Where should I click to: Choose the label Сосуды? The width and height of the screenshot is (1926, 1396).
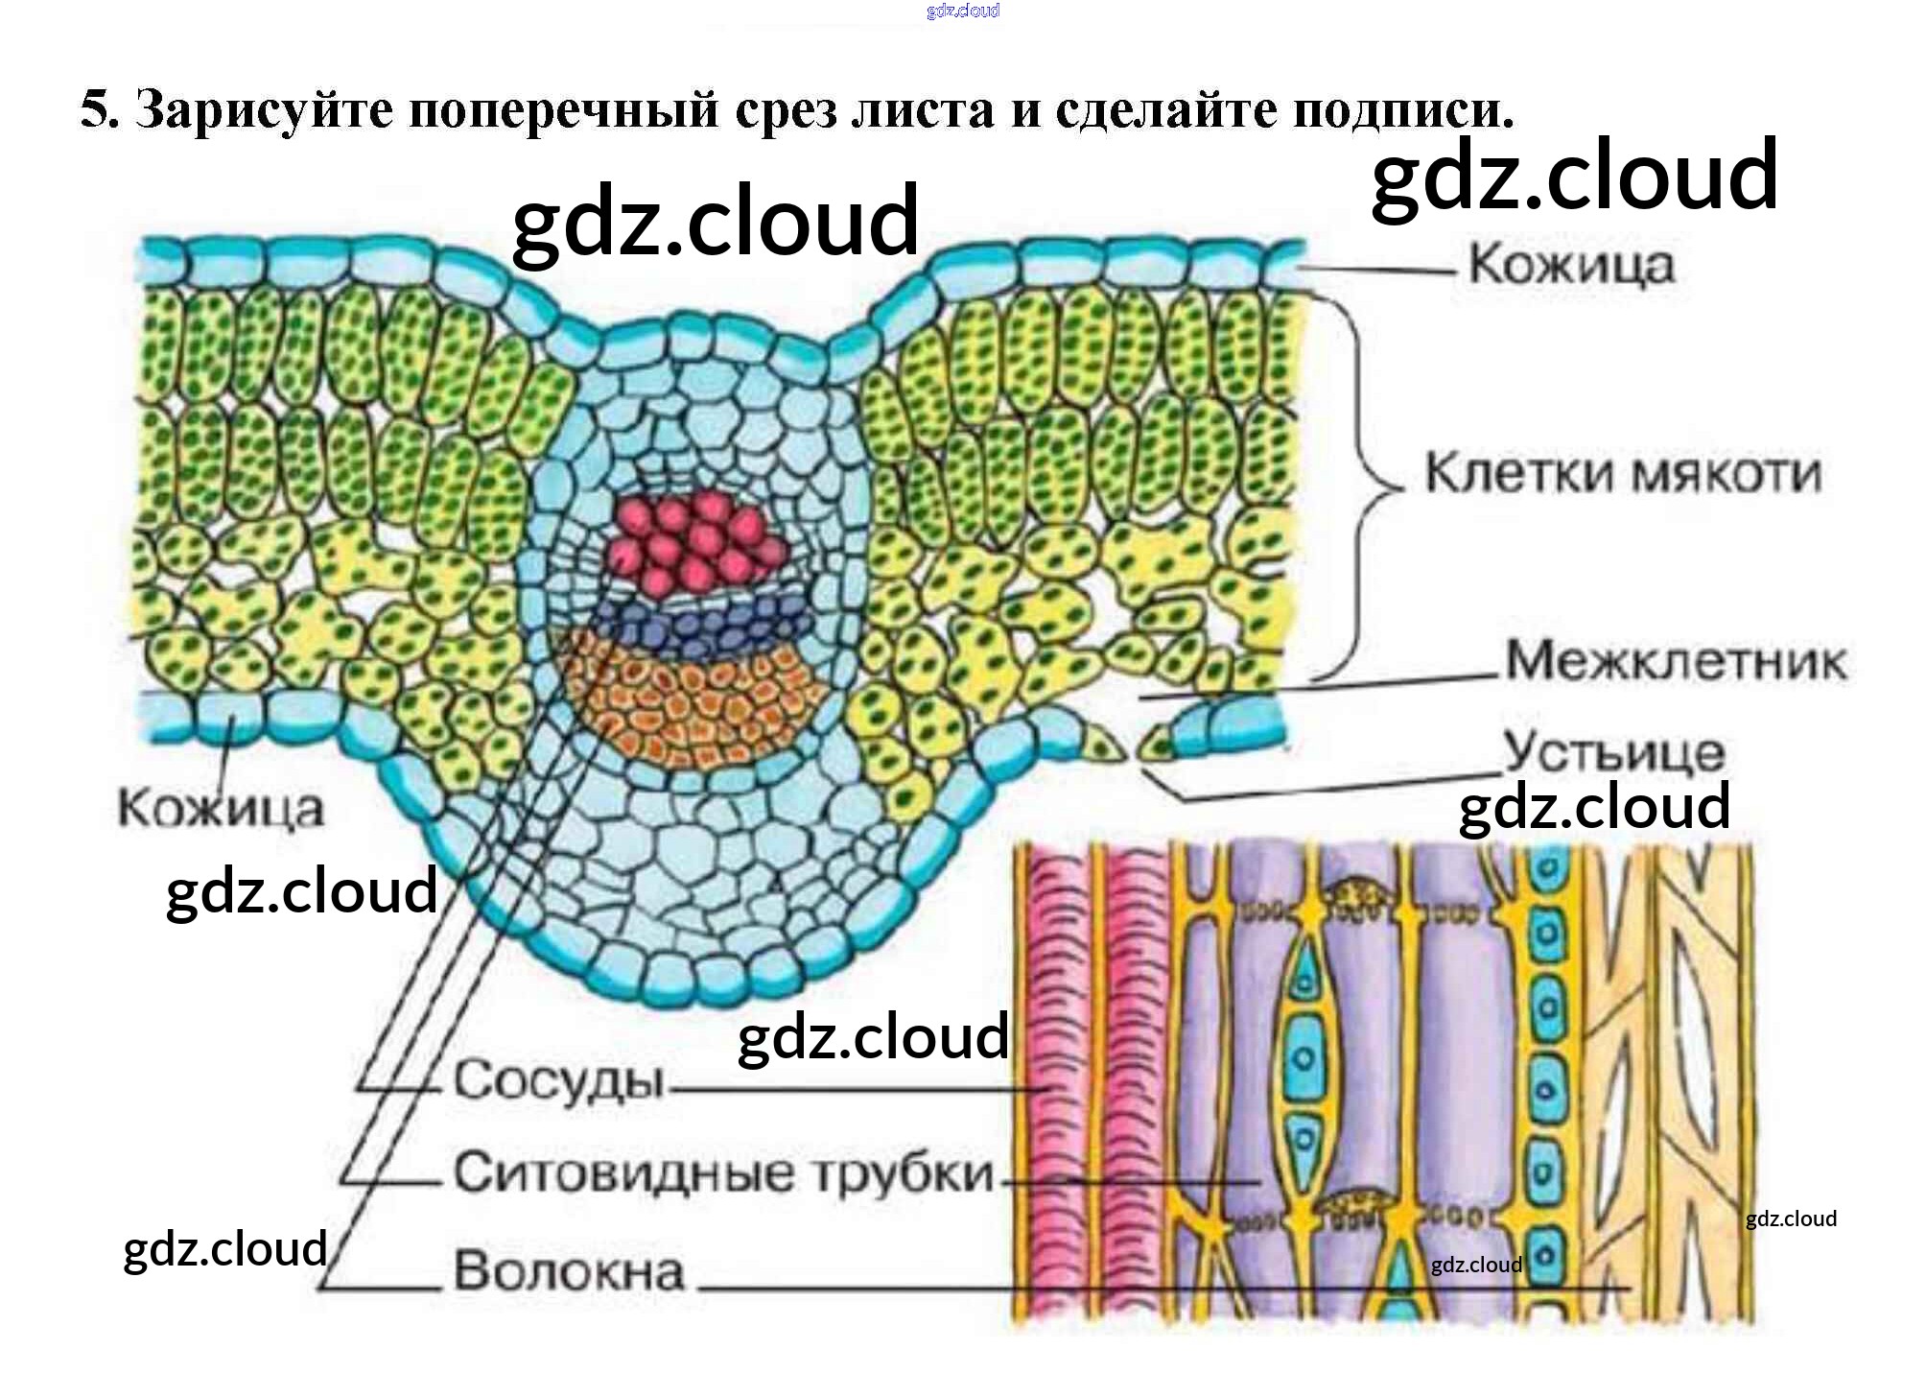tap(559, 1081)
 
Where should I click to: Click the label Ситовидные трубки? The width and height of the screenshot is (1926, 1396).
tap(724, 1172)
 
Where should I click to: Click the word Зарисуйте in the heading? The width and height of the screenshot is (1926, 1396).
tap(265, 109)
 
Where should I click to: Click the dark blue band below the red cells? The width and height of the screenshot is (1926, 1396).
tap(700, 625)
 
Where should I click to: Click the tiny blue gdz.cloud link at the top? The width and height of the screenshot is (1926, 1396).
tap(963, 11)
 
